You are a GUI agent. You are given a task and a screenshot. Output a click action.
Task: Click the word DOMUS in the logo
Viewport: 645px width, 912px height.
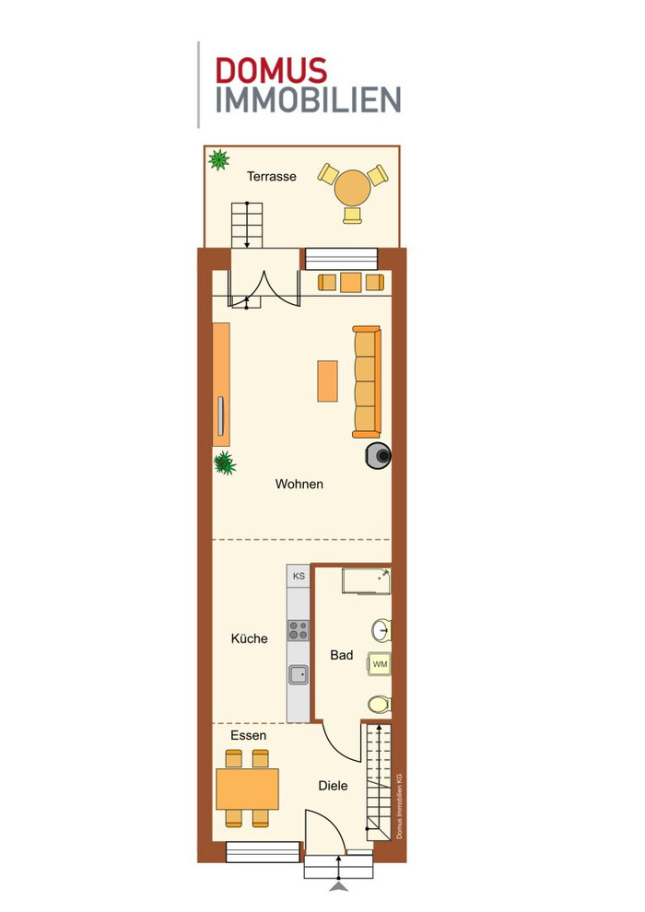[x=271, y=70]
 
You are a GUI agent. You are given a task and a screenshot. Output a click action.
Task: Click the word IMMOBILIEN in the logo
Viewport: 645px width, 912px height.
[x=309, y=100]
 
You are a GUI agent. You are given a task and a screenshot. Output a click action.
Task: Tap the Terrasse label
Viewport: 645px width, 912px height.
[x=272, y=176]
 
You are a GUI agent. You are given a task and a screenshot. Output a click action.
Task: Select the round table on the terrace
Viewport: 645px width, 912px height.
[x=353, y=187]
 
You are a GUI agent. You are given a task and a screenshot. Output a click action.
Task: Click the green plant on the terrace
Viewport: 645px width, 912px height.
[x=218, y=159]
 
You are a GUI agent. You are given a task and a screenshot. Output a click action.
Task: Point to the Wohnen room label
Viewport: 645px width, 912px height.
[x=299, y=484]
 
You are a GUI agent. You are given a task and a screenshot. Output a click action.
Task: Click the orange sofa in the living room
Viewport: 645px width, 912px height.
[x=367, y=381]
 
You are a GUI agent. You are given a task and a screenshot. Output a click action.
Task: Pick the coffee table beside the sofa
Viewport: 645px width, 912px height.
[x=327, y=381]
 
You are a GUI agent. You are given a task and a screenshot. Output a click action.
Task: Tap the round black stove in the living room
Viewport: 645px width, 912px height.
[x=379, y=456]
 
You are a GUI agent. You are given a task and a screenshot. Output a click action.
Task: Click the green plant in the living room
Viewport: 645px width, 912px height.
[x=225, y=463]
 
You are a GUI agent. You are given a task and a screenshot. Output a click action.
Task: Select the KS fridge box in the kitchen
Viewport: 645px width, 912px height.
[x=299, y=576]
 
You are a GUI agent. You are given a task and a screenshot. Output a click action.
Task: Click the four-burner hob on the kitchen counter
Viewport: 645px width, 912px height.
[x=299, y=630]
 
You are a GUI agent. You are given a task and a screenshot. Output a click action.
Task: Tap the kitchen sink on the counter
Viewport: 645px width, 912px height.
[x=299, y=674]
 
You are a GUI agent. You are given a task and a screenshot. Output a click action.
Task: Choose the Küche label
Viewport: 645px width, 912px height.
[x=250, y=638]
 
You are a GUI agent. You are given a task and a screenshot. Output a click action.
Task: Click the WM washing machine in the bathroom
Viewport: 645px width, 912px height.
[x=380, y=663]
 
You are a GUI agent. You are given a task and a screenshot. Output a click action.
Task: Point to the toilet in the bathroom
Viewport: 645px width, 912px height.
[x=380, y=705]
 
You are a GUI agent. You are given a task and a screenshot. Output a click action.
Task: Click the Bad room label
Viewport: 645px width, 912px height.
[x=342, y=655]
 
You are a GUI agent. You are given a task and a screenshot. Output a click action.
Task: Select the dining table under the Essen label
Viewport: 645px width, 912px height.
[x=247, y=789]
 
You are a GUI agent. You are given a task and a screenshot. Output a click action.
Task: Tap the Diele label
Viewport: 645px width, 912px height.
[x=333, y=786]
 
